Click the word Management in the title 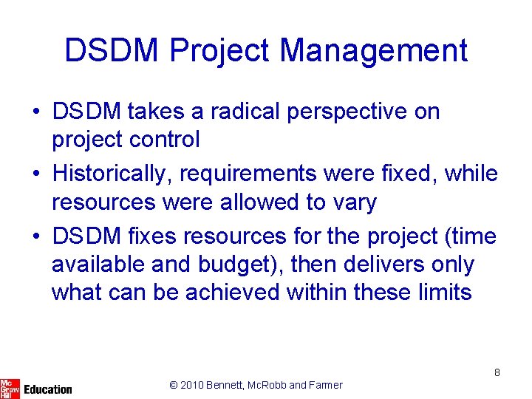click(x=374, y=50)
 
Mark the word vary click(x=352, y=202)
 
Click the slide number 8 click(x=497, y=372)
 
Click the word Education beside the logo click(x=48, y=389)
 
